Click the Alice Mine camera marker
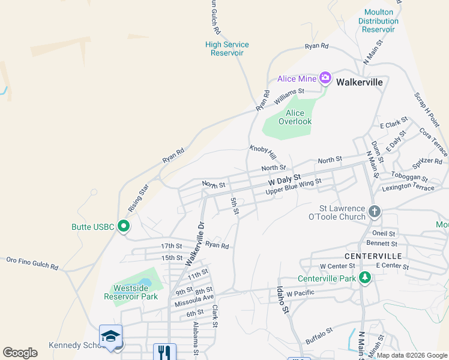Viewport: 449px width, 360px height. pyautogui.click(x=325, y=77)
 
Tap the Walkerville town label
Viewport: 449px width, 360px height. pyautogui.click(x=359, y=82)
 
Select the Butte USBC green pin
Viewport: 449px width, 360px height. pyautogui.click(x=124, y=226)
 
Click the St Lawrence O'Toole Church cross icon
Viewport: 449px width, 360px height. pyautogui.click(x=375, y=211)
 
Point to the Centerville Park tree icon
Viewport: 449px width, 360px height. pyautogui.click(x=364, y=278)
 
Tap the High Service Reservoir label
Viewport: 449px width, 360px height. pyautogui.click(x=227, y=49)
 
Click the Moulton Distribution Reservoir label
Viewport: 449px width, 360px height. pyautogui.click(x=379, y=20)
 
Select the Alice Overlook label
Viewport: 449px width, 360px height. pyautogui.click(x=295, y=117)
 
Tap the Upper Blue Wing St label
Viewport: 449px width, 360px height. pyautogui.click(x=294, y=186)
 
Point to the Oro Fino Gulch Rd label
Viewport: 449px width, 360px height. pyautogui.click(x=32, y=263)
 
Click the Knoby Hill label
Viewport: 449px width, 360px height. pyautogui.click(x=262, y=152)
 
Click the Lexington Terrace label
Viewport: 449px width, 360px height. pyautogui.click(x=406, y=187)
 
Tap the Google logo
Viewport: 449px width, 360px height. pyautogui.click(x=20, y=353)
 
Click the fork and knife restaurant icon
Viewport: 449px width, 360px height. pyautogui.click(x=164, y=352)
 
